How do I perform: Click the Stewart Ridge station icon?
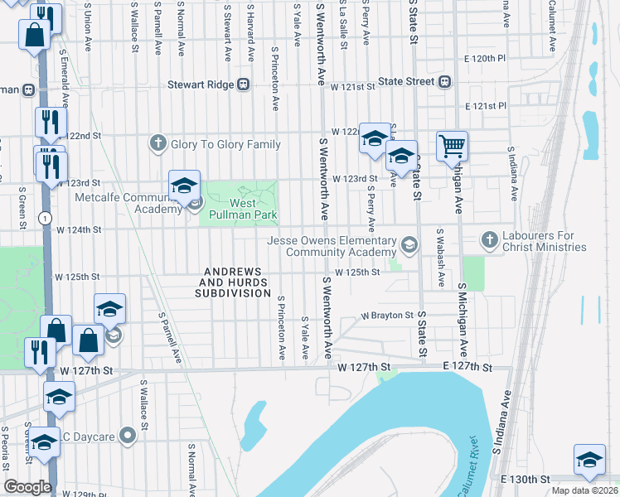[244, 84]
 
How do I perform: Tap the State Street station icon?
[445, 81]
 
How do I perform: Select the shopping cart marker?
[452, 147]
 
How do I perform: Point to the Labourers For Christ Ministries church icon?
[489, 239]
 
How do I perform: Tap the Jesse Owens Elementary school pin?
[409, 245]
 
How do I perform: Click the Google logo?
[27, 487]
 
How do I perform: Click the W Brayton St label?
[387, 316]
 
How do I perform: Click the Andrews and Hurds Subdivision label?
[233, 282]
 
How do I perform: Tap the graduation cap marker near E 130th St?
[589, 459]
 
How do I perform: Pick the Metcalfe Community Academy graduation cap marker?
[184, 186]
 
